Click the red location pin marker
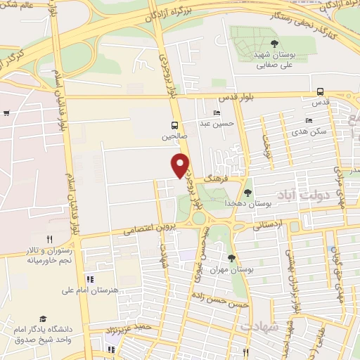click(181, 165)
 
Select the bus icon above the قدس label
click(321, 91)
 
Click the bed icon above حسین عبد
click(217, 112)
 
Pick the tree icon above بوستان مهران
click(231, 259)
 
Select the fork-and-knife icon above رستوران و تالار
click(49, 239)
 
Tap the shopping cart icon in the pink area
click(6, 112)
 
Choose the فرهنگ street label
click(212, 180)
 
